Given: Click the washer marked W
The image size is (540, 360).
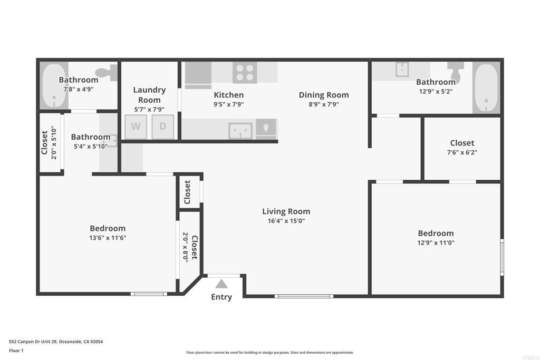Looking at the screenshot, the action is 136,127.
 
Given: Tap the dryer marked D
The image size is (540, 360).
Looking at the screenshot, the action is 162,127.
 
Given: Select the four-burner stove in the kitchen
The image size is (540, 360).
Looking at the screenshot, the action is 245,73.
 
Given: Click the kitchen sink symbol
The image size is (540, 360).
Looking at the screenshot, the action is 240,131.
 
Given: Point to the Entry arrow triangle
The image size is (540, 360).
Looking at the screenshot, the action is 221,284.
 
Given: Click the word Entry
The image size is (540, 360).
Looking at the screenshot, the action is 221,297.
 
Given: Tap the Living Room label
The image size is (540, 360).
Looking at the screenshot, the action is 286,211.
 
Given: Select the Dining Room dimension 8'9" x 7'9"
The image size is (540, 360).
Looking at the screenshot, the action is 324,104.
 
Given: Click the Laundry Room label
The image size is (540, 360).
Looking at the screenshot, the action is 149,95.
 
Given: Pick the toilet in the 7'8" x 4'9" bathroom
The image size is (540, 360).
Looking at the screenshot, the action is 107,73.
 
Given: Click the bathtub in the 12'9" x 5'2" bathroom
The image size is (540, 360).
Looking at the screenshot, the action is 486,88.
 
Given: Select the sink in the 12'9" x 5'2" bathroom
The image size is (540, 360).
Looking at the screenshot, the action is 402,69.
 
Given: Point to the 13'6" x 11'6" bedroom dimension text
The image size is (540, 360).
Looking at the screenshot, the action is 108,238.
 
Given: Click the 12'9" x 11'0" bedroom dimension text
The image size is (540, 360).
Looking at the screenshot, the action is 436,242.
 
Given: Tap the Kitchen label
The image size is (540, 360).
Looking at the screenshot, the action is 229,95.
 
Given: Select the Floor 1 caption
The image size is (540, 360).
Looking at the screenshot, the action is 16,351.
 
